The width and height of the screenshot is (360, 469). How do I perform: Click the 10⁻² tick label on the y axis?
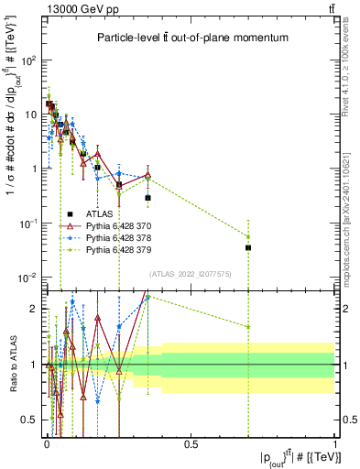tap(27, 278)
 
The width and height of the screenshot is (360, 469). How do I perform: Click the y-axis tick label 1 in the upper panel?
tap(34, 169)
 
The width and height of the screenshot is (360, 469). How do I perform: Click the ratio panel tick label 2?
tap(35, 309)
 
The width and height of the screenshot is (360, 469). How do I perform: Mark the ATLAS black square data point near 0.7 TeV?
tap(248, 247)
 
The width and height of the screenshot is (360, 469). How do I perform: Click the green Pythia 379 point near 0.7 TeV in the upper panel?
tap(248, 212)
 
